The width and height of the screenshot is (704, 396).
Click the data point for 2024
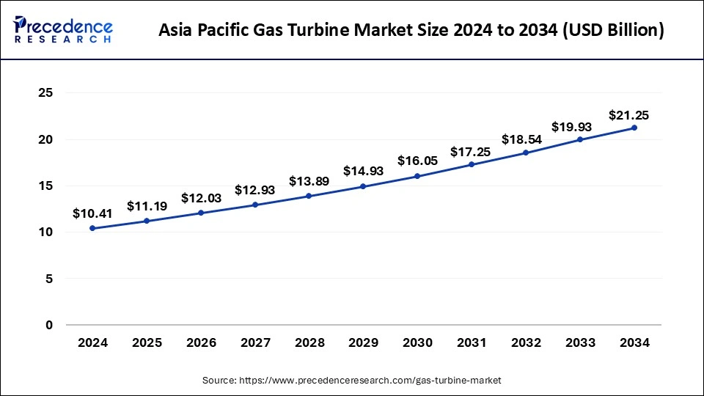point(92,228)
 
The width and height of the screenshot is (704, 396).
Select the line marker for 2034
point(634,128)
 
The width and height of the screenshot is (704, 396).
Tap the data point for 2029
point(363,186)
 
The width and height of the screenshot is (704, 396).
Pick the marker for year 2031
point(472,164)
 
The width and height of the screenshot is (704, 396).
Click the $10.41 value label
point(92,213)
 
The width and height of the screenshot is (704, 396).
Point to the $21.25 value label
point(628,115)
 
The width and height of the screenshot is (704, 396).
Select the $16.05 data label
point(417,161)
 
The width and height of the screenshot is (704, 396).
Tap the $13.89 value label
point(309,180)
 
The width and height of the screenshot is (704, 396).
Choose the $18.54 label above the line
point(521,139)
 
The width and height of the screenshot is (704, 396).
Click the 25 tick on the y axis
point(46,93)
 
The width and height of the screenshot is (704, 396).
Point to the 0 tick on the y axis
point(50,325)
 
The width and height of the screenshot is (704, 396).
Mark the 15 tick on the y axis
point(46,186)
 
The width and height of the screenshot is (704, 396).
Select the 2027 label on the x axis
point(254,342)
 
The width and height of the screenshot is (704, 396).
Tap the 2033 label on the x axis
point(580,342)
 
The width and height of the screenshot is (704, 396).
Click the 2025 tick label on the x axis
point(147,342)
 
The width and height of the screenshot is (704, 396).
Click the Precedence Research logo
point(63,31)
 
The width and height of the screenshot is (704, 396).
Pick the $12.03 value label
point(201,198)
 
